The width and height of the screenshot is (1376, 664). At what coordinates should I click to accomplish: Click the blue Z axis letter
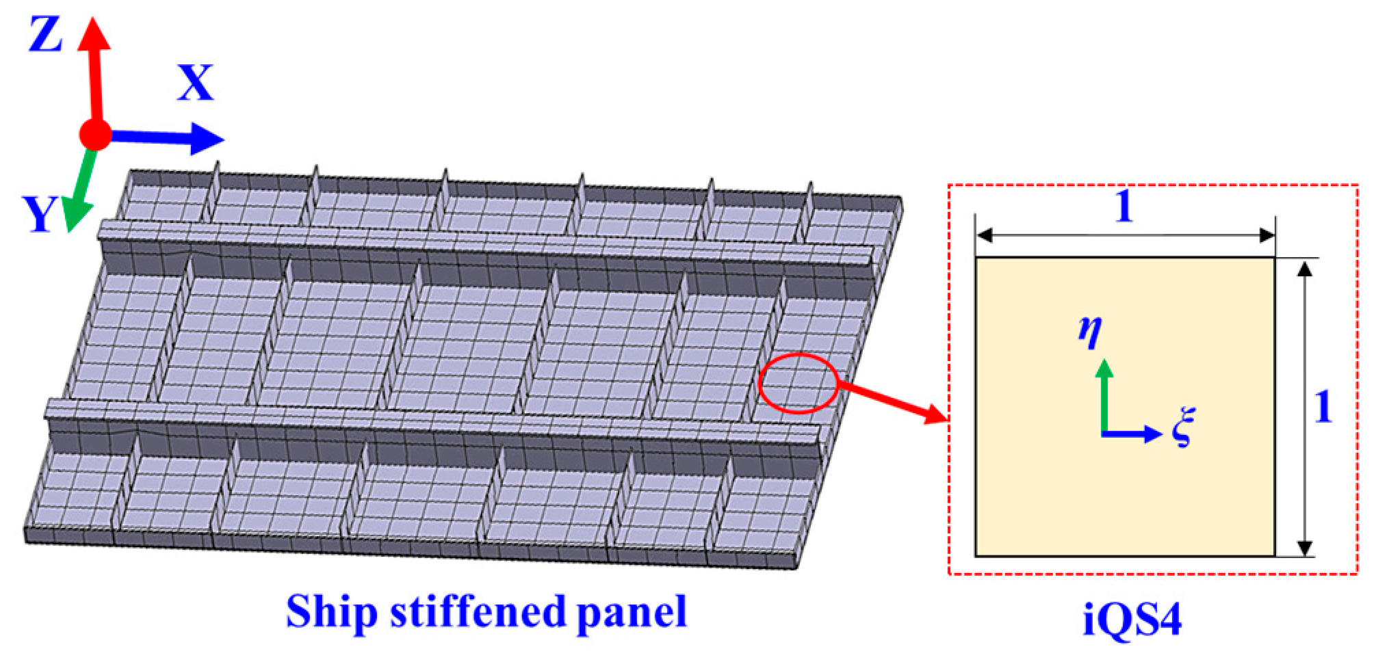click(45, 36)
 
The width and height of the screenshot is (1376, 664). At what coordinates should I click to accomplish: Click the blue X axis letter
click(196, 83)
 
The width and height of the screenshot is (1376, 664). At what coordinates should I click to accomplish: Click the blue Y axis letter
click(39, 214)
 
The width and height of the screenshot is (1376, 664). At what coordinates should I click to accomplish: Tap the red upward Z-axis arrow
click(94, 68)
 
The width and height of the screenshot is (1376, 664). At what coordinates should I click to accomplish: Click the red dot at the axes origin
click(95, 135)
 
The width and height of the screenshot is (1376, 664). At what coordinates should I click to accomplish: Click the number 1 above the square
click(1124, 206)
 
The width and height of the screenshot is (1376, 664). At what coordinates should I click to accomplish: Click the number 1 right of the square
click(1324, 408)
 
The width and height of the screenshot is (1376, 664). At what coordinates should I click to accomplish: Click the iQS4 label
click(1132, 620)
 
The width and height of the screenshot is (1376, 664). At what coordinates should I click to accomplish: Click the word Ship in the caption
click(332, 613)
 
